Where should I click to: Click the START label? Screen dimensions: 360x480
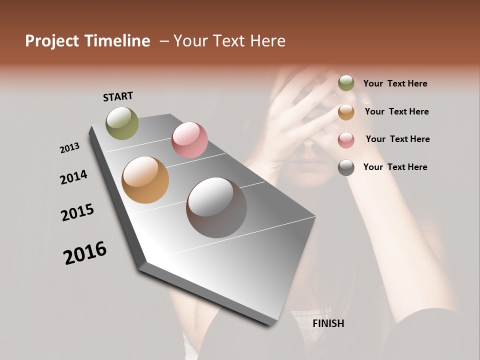tap(118, 96)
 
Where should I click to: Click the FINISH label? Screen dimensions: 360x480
tap(328, 323)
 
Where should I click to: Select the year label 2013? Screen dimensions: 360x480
tap(69, 148)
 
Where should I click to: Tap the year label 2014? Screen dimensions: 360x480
tap(73, 177)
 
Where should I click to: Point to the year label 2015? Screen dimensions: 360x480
tap(77, 212)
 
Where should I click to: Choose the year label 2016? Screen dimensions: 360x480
tap(85, 253)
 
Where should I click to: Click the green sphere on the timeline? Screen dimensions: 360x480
tap(122, 123)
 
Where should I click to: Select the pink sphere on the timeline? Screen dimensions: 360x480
tap(189, 140)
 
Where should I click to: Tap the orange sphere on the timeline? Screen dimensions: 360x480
tap(145, 180)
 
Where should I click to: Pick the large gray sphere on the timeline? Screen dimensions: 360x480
tap(216, 207)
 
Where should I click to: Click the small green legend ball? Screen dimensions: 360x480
tap(346, 83)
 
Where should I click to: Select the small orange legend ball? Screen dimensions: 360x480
tap(346, 112)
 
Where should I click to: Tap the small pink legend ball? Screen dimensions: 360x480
tap(346, 140)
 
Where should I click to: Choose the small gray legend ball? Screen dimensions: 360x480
tap(346, 167)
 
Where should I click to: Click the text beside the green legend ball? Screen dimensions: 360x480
tap(395, 83)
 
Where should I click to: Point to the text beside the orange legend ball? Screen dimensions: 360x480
tap(396, 111)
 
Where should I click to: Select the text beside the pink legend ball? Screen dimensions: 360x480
tap(397, 139)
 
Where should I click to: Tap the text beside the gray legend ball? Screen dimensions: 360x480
tap(395, 167)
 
